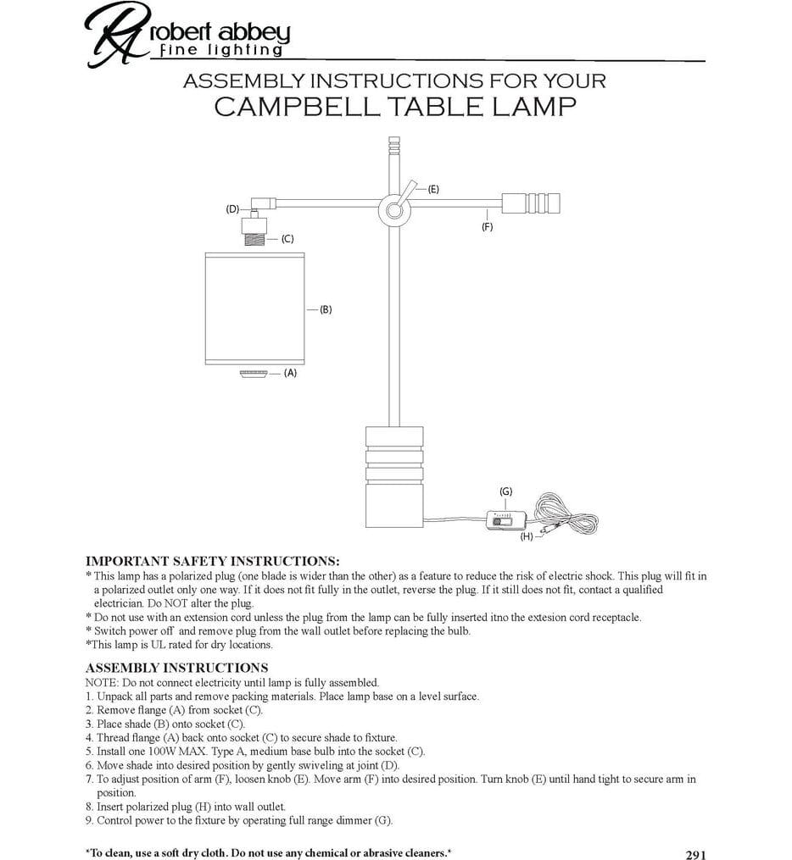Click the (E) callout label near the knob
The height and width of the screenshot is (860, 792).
pos(433,189)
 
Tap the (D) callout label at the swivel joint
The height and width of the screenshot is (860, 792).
pos(232,209)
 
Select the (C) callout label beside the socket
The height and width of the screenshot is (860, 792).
pos(287,239)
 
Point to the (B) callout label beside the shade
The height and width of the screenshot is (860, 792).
pos(326,309)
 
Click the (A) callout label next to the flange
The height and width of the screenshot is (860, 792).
pos(290,373)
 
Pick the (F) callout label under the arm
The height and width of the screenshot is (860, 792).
pos(488,226)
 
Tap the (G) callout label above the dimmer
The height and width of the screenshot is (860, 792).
pos(506,491)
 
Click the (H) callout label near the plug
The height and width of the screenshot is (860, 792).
pos(527,536)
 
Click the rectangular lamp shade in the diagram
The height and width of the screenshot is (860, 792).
pos(254,308)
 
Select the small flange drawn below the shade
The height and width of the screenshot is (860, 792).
pos(254,374)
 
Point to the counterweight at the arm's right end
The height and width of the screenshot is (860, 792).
pos(531,203)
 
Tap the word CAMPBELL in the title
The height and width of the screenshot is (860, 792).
pos(297,107)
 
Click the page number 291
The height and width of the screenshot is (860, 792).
pos(696,855)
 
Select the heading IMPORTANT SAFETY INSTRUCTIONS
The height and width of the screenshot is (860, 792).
pos(212,561)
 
